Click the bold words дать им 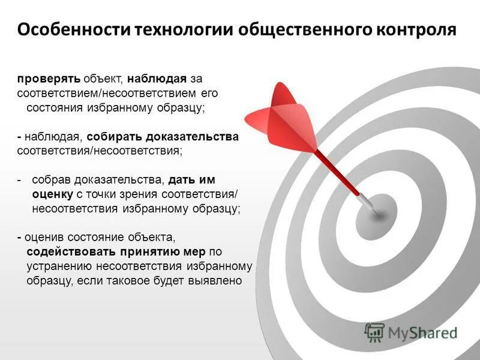191,180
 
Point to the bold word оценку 52,194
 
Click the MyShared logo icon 374,332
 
